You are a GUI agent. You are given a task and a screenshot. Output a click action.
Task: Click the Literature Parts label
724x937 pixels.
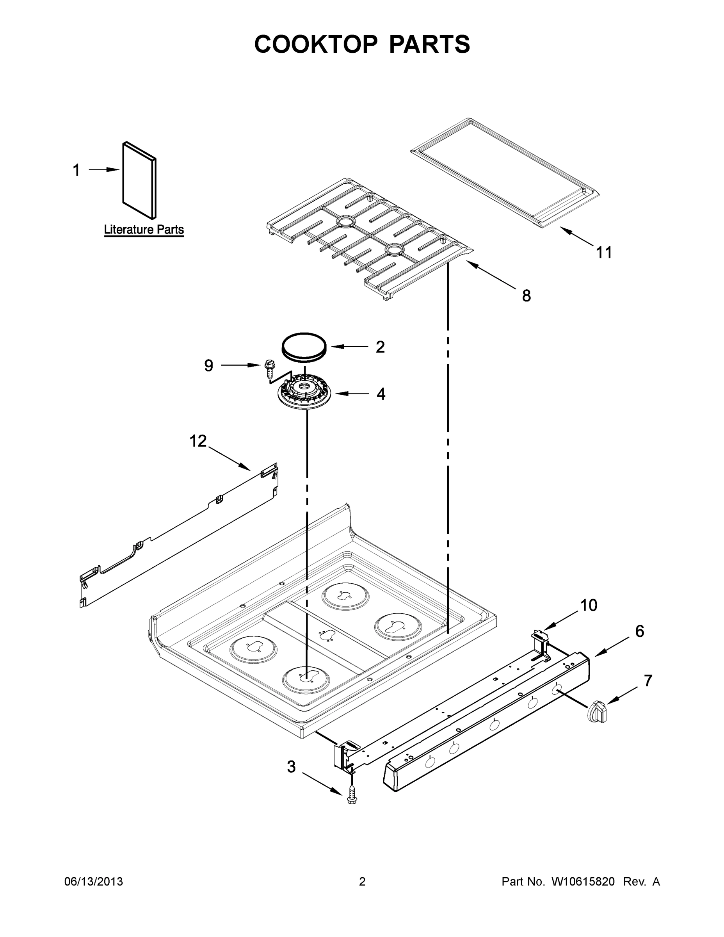coord(144,230)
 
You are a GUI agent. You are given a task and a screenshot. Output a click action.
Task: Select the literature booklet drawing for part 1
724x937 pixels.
coord(139,180)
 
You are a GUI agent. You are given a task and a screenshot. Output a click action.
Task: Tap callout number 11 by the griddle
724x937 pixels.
coord(604,252)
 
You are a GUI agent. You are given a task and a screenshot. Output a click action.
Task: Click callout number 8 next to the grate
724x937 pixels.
coord(526,296)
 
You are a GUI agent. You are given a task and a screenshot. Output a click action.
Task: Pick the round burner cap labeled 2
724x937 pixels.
coord(304,346)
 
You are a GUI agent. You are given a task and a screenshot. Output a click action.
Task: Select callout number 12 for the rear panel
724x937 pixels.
coord(198,441)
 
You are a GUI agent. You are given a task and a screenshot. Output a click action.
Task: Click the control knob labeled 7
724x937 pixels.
coord(598,712)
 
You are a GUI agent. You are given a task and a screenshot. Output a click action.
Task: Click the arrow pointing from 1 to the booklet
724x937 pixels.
coord(104,170)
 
